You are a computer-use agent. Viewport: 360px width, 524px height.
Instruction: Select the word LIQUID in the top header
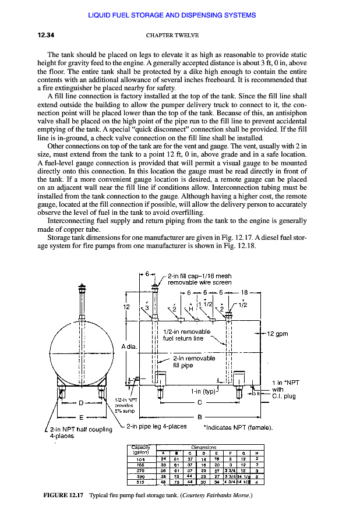pyautogui.click(x=100, y=14)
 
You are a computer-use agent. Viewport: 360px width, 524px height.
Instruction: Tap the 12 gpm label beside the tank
pyautogui.click(x=277, y=334)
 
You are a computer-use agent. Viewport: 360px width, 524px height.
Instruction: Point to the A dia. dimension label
pyautogui.click(x=129, y=347)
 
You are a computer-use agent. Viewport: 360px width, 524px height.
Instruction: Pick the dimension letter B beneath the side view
pyautogui.click(x=199, y=417)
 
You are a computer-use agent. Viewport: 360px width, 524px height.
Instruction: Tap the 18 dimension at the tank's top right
pyautogui.click(x=245, y=292)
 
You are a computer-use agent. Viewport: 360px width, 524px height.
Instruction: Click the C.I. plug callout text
pyautogui.click(x=284, y=396)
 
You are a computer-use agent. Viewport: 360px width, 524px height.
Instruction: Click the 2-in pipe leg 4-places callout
pyautogui.click(x=157, y=427)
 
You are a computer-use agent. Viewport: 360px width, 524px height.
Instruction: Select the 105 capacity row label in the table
pyautogui.click(x=140, y=459)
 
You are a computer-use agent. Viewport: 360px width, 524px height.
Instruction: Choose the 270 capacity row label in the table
pyautogui.click(x=140, y=469)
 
